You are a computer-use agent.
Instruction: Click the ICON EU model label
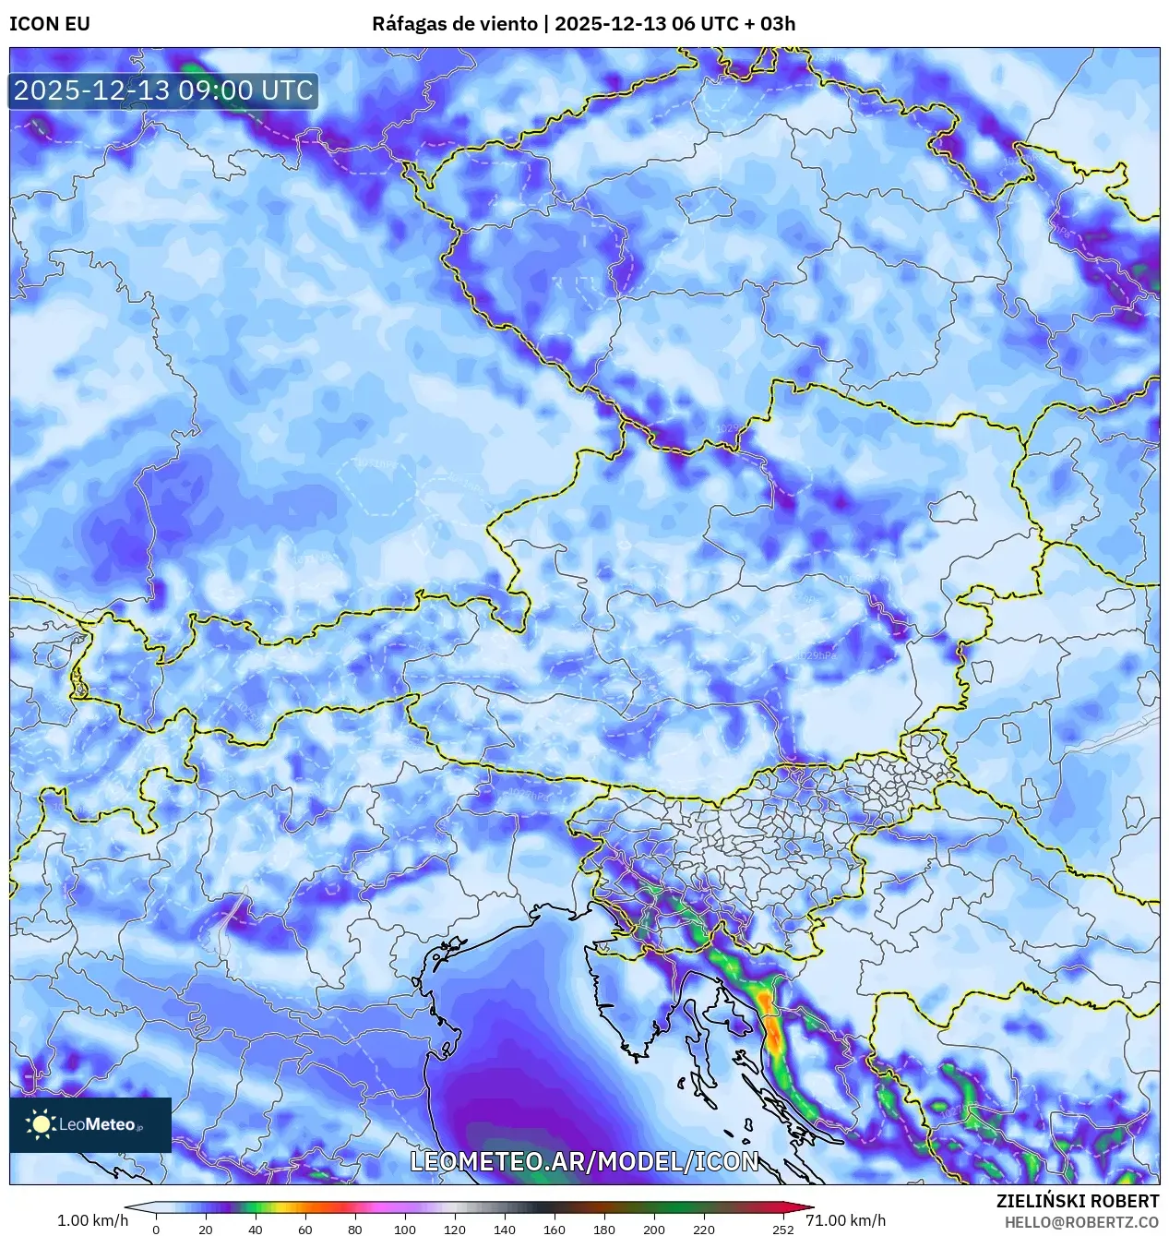pos(50,24)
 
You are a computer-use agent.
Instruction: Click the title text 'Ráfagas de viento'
pos(454,24)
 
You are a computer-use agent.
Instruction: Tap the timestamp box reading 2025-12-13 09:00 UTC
pos(163,90)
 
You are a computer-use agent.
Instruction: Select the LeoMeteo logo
pos(90,1124)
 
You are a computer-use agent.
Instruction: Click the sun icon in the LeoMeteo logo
pos(41,1123)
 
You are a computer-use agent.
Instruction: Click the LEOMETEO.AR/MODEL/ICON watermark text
pos(584,1161)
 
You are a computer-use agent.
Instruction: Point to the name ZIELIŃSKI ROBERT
pos(1077,1201)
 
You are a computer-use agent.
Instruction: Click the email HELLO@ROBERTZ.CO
pos(1081,1222)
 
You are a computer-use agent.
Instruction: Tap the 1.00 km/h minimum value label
pos(92,1220)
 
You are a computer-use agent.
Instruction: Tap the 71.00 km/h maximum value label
pos(845,1220)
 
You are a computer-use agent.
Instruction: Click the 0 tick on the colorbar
pos(155,1229)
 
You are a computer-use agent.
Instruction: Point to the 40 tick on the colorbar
pos(255,1229)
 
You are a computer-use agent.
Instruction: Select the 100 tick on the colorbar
pos(404,1229)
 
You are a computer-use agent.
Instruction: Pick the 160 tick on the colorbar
pos(554,1229)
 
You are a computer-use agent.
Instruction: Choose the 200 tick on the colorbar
pos(653,1229)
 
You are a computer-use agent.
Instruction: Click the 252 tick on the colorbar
pos(782,1229)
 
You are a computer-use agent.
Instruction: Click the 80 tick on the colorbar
pos(354,1229)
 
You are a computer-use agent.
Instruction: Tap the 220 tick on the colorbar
pos(703,1229)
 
